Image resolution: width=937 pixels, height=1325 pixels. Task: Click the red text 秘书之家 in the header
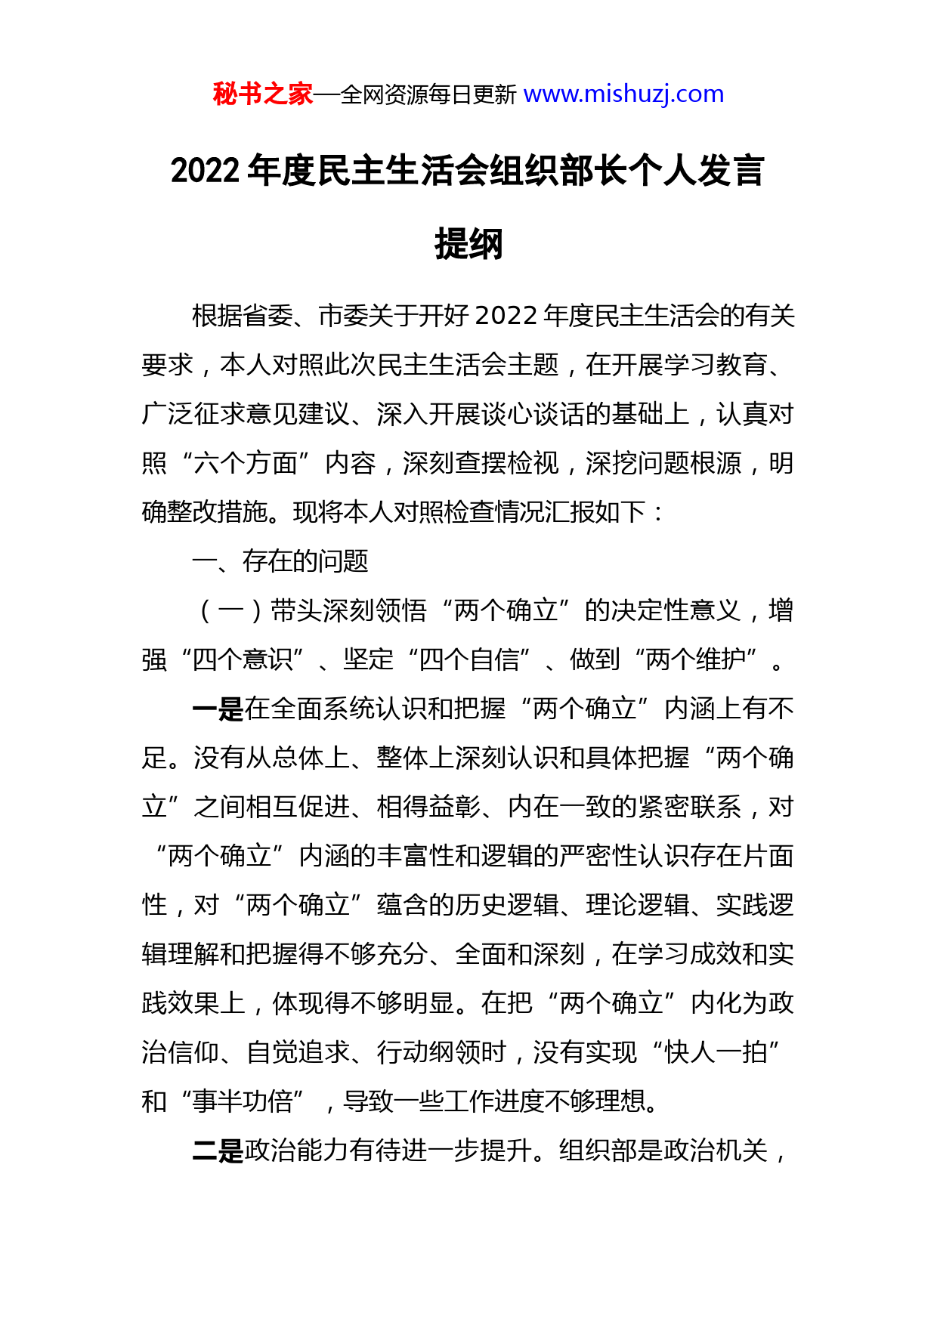[x=262, y=94]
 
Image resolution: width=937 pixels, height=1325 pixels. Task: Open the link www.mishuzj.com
[x=623, y=94]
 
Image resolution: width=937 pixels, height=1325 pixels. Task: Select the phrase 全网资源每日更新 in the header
[x=428, y=95]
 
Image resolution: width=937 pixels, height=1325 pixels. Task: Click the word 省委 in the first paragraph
[x=268, y=316]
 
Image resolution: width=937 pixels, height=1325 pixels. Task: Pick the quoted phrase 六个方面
[x=246, y=463]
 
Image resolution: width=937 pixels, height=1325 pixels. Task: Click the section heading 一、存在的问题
[x=280, y=561]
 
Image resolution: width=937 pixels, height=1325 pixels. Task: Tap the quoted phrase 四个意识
[x=243, y=659]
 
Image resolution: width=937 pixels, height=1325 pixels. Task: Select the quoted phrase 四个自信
[x=469, y=659]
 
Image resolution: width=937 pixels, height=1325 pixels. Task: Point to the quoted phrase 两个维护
[x=696, y=659]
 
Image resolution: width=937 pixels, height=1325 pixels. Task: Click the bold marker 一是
[x=218, y=709]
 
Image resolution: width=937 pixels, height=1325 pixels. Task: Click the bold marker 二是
[x=218, y=1150]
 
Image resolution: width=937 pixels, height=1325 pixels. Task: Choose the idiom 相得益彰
[x=428, y=807]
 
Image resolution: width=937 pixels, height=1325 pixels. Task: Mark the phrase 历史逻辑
[x=507, y=905]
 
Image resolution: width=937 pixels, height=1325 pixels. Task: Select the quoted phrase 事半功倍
[x=243, y=1101]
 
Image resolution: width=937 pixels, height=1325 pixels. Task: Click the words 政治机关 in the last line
[x=716, y=1150]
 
